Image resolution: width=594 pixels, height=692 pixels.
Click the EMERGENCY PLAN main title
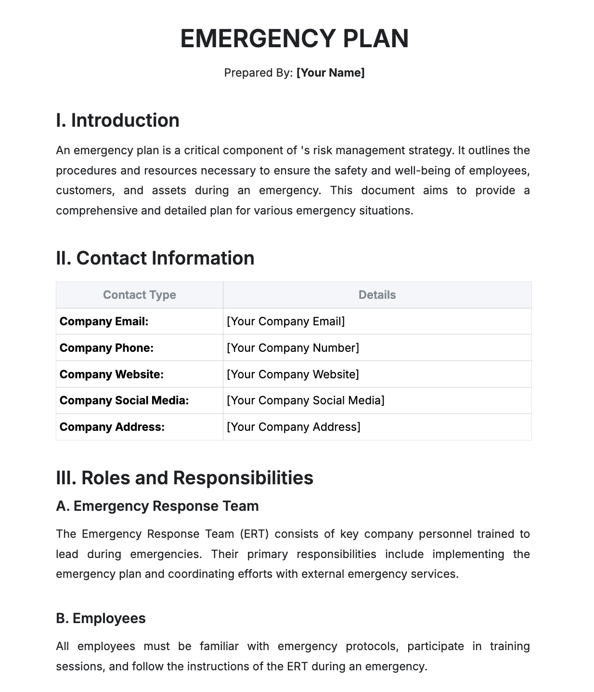coord(294,39)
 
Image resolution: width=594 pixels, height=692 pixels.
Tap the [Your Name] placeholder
coord(330,73)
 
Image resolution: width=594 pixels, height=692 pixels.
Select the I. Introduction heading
coord(117,120)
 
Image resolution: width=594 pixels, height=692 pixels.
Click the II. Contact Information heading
coord(155,258)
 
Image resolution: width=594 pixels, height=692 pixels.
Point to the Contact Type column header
coord(139,295)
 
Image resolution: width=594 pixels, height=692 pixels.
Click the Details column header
coord(377,295)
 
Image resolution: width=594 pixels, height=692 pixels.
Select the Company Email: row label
coord(104,321)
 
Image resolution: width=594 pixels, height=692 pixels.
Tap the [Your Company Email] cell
coord(285,321)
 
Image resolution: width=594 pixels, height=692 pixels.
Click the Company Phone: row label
coord(106,348)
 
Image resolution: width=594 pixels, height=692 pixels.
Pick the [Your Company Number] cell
coord(293,348)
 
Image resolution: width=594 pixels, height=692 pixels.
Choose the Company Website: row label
coord(112,374)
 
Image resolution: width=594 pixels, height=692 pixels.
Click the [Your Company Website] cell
coord(293,374)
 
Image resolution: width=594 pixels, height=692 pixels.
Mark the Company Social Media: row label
coord(124,400)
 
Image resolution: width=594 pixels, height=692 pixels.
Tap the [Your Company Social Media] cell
coord(305,400)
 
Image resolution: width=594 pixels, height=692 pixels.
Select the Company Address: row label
coord(112,427)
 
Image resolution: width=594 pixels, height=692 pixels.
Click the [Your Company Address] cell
coord(293,427)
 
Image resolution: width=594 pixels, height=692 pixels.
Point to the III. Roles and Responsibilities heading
coord(184,478)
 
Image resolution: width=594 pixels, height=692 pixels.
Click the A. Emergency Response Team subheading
coord(157,506)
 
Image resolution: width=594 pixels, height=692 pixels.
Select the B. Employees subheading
coord(101,618)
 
